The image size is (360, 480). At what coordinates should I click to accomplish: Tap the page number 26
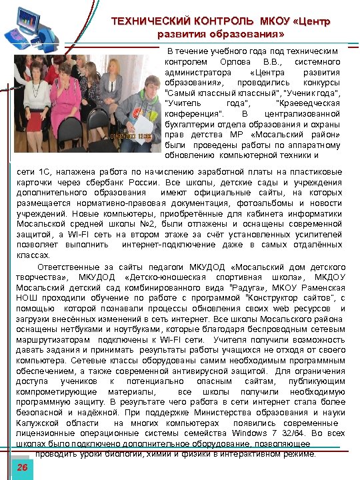coord(23,469)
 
